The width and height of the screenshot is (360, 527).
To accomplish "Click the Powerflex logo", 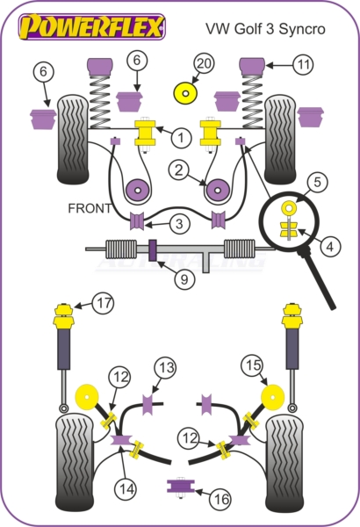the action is click(92, 26).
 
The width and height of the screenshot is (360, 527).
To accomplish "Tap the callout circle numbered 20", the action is click(204, 63).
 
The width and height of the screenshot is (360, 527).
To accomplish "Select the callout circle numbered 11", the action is click(303, 64).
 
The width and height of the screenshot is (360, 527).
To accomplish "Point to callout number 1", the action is click(181, 137).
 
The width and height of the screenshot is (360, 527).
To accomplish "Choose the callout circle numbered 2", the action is click(179, 170).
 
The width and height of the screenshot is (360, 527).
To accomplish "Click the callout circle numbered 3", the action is click(179, 223).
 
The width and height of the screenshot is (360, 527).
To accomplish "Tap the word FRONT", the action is click(90, 208).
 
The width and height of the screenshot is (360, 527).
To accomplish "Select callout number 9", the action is click(184, 278).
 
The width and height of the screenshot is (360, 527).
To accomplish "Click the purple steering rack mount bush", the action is click(153, 250).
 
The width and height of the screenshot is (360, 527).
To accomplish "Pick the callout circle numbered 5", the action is click(317, 182).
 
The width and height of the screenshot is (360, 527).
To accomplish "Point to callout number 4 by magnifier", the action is click(330, 246).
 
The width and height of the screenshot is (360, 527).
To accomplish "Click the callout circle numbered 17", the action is click(104, 303).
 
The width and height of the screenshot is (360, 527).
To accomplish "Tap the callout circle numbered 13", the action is click(166, 368).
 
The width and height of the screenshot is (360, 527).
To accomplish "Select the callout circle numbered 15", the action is click(253, 365).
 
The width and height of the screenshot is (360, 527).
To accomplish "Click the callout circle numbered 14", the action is click(126, 488).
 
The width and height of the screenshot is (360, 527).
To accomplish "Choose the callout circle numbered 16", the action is click(221, 499).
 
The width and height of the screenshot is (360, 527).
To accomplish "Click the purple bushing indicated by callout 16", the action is click(181, 486).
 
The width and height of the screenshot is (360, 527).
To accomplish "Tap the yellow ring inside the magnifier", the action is click(289, 207).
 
